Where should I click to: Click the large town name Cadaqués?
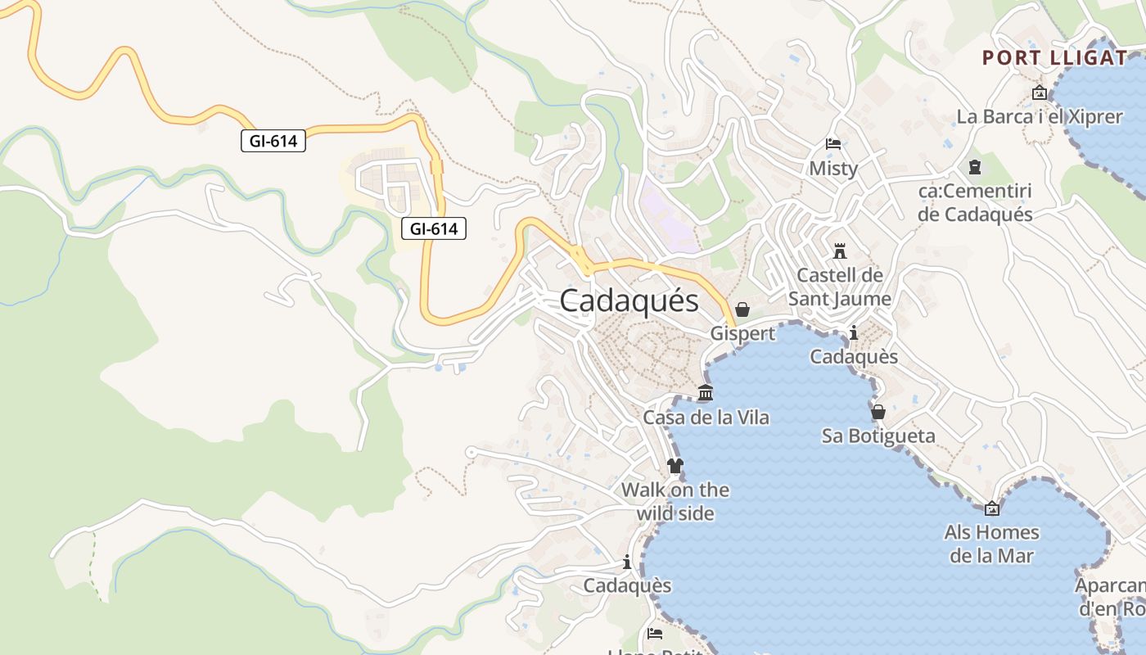click(629, 301)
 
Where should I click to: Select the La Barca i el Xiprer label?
click(1040, 116)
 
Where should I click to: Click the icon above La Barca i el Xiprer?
click(1040, 93)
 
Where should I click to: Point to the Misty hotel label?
click(833, 169)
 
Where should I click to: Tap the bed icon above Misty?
click(833, 145)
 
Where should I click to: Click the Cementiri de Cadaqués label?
click(975, 202)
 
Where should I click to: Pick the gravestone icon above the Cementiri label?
click(974, 167)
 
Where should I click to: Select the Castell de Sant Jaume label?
click(840, 287)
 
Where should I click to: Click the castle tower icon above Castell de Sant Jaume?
click(840, 251)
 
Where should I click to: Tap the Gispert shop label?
click(742, 333)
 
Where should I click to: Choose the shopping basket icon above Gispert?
click(742, 309)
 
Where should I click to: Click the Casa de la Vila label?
click(706, 418)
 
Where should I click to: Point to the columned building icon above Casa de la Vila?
click(706, 393)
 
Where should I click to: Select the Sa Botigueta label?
click(878, 436)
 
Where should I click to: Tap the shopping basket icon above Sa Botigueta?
click(878, 411)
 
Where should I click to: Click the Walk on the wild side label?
click(675, 501)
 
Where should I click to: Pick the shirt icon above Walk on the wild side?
click(675, 466)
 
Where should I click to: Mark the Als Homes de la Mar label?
click(991, 544)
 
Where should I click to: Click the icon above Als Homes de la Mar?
click(991, 508)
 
